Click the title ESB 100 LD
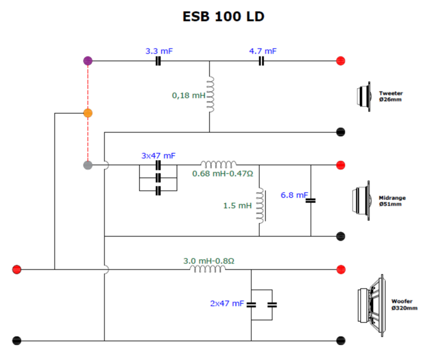tap(223, 17)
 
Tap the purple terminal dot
tap(88, 61)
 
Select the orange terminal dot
tap(88, 113)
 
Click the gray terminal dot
tap(88, 164)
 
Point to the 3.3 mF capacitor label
tap(159, 52)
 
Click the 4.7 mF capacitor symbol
tap(261, 61)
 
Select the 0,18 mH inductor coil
tap(210, 94)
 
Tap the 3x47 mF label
tap(158, 155)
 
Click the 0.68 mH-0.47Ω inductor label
tap(222, 173)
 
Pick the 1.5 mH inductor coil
tap(260, 205)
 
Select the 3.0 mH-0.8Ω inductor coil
tap(208, 269)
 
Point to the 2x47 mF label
tap(227, 304)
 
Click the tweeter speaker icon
tap(364, 96)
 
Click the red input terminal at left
tap(17, 269)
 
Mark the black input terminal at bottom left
tap(17, 341)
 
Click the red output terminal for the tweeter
tap(341, 61)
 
